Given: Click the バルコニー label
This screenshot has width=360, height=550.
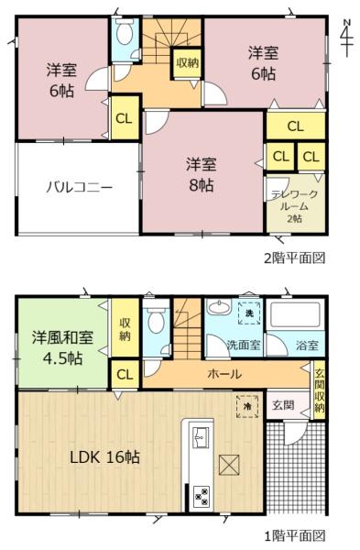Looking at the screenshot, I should (80, 188).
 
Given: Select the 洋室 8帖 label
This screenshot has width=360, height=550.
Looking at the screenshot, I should (201, 174).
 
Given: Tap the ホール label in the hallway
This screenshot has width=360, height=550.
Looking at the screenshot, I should (224, 374).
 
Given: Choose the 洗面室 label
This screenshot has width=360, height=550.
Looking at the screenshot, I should (245, 346).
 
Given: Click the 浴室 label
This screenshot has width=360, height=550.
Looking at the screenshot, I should (307, 346).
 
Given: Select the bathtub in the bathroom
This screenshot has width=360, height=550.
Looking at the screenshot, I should (294, 318).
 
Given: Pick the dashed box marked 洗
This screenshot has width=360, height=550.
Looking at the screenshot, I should (248, 313).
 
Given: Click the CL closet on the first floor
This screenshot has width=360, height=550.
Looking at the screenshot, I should (124, 374).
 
